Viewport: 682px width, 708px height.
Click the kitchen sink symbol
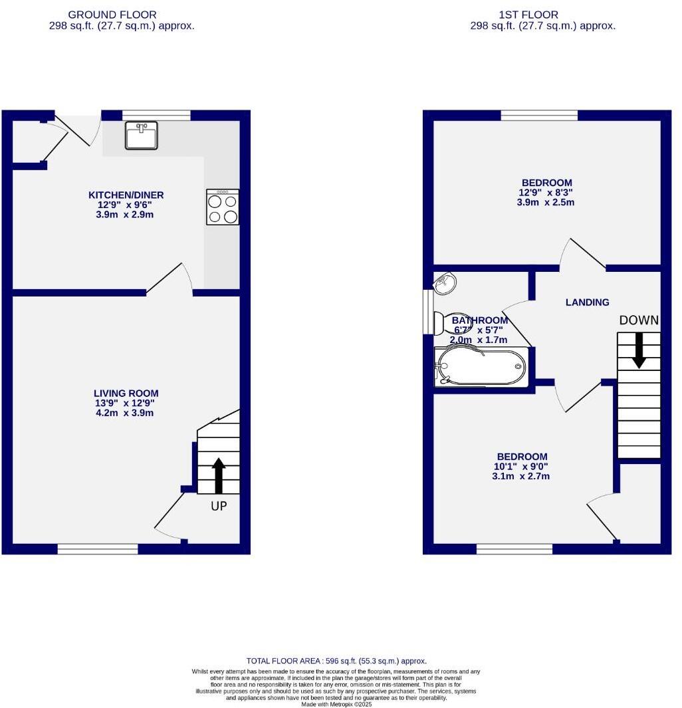click(x=142, y=135)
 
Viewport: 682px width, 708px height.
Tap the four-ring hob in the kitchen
click(x=223, y=207)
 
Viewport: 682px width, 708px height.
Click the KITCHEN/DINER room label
click(x=126, y=195)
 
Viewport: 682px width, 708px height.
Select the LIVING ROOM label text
click(x=126, y=394)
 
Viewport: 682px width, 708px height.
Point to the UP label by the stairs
click(x=219, y=506)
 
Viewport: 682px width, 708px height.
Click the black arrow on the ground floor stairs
click(x=219, y=475)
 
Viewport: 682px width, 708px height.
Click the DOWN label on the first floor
click(x=639, y=320)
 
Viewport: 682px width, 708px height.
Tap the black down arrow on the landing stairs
click(x=639, y=351)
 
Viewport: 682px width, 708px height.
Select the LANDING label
click(x=587, y=302)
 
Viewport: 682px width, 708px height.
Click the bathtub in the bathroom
click(x=481, y=366)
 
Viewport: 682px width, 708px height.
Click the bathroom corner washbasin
click(x=445, y=283)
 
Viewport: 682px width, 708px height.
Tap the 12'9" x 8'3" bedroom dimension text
click(x=546, y=192)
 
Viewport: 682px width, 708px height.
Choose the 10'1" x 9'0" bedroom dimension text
click(x=521, y=467)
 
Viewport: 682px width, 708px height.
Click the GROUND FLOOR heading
click(x=112, y=15)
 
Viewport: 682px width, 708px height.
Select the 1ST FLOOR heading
click(x=528, y=15)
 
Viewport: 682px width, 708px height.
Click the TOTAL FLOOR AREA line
click(x=336, y=661)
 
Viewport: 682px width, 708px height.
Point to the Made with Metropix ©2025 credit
click(x=337, y=704)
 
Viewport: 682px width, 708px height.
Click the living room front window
click(x=98, y=549)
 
